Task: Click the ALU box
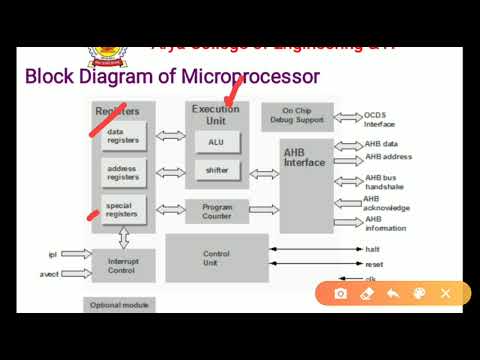click(216, 142)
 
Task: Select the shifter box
click(216, 170)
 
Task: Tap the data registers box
click(123, 136)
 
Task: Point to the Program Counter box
click(217, 211)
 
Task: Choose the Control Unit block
click(216, 257)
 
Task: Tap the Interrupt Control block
click(123, 265)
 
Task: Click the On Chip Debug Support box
click(297, 117)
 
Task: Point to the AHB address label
click(388, 157)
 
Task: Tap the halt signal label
click(372, 250)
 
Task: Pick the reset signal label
click(373, 265)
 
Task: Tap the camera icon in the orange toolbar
click(341, 294)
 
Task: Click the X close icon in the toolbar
click(446, 294)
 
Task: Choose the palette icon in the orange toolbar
click(419, 294)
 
